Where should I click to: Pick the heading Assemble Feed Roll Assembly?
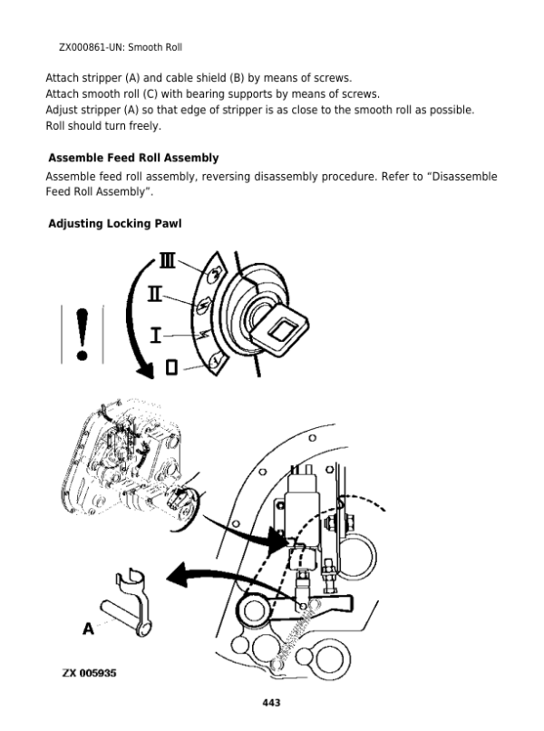click(x=133, y=158)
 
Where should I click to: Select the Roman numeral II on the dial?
click(x=155, y=295)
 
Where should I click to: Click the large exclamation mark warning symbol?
click(x=83, y=333)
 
